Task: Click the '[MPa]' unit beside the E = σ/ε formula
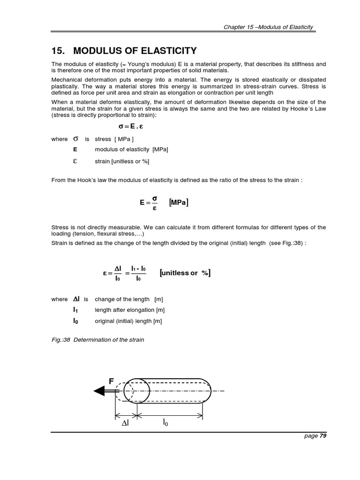click(x=180, y=202)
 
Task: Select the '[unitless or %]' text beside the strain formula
click(x=185, y=273)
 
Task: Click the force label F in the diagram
click(x=111, y=382)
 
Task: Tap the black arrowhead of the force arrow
click(x=99, y=390)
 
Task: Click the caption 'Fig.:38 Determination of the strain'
click(x=97, y=339)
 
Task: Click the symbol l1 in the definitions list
click(x=75, y=310)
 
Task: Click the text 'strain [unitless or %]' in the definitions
click(x=122, y=161)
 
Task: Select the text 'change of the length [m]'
click(x=128, y=299)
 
